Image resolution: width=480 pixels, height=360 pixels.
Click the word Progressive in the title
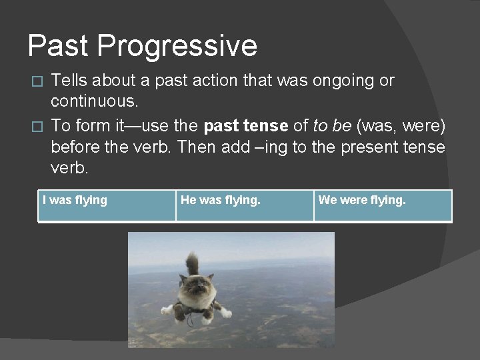click(x=177, y=46)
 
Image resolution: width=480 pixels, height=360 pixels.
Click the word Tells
click(x=71, y=81)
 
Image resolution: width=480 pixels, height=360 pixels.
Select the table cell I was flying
click(x=107, y=206)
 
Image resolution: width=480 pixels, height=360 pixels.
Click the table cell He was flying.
click(x=245, y=206)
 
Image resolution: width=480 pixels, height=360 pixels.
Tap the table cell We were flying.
click(x=383, y=206)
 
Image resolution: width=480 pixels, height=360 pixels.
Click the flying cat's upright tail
click(x=193, y=264)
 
